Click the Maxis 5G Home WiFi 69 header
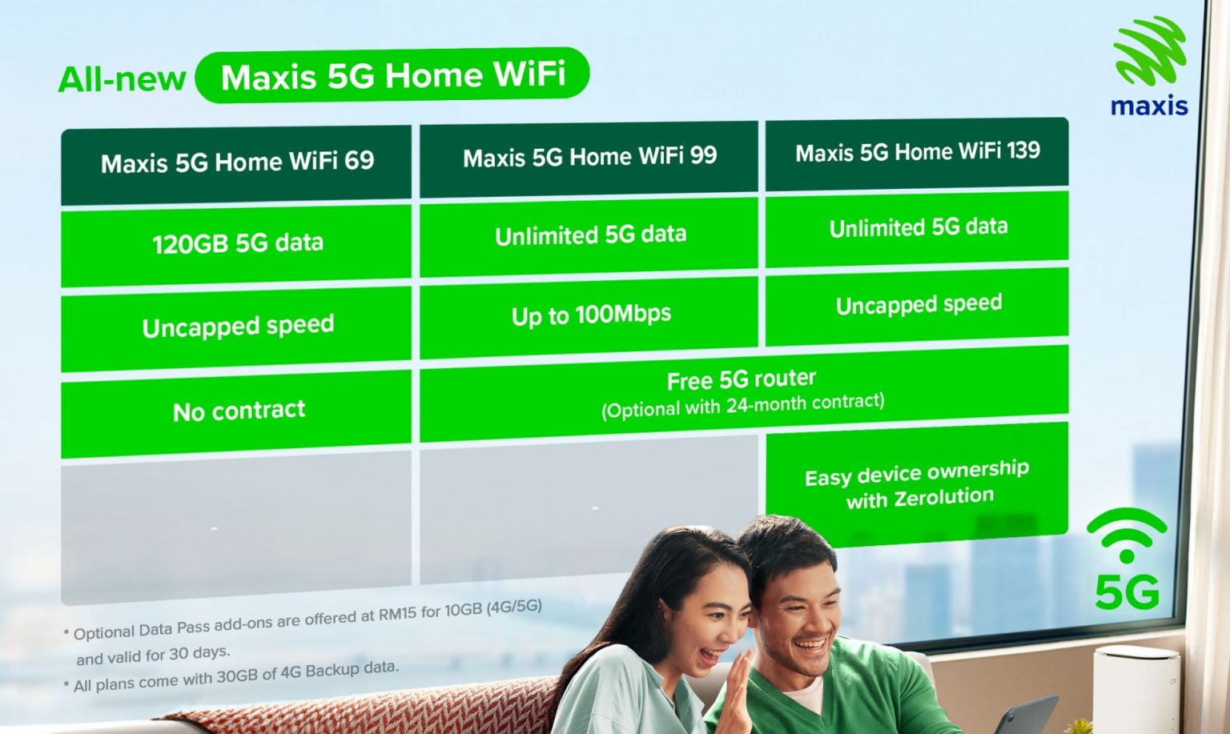click(x=237, y=162)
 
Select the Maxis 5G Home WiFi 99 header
click(x=589, y=157)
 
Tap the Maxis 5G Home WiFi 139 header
click(x=917, y=152)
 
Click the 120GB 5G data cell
click(x=237, y=243)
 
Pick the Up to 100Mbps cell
click(x=590, y=315)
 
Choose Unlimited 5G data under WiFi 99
click(x=590, y=235)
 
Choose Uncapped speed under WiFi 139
click(x=918, y=305)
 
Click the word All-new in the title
click(x=122, y=80)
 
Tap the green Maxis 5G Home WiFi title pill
click(x=392, y=76)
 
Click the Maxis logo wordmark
click(x=1148, y=106)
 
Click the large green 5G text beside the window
click(x=1126, y=593)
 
